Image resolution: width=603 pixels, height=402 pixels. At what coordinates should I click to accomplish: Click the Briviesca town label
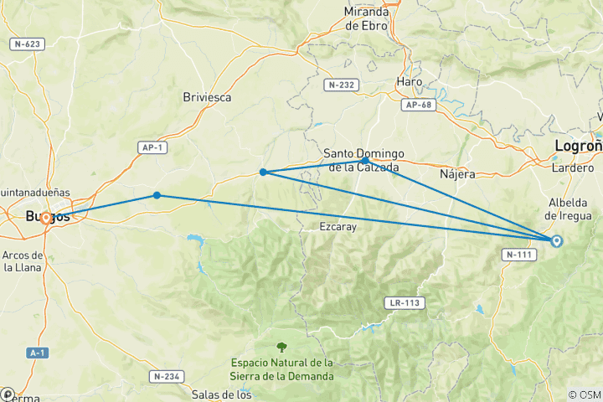pos(206,97)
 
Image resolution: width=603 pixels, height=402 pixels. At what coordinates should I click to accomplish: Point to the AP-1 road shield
pos(152,147)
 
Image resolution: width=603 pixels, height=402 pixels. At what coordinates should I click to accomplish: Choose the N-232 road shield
pos(341,85)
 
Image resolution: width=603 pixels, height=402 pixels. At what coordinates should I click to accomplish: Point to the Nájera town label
pos(457,174)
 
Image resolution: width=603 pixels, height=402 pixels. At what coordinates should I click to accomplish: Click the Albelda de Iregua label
pos(574,209)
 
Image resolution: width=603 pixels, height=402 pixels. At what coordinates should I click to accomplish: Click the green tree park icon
pos(281,346)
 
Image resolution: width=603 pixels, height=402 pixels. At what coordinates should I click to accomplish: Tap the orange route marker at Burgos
pos(45,218)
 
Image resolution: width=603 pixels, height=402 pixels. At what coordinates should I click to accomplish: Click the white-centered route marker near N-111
pos(557,241)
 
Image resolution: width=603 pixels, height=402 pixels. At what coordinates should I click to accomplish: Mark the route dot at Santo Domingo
pos(366,159)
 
